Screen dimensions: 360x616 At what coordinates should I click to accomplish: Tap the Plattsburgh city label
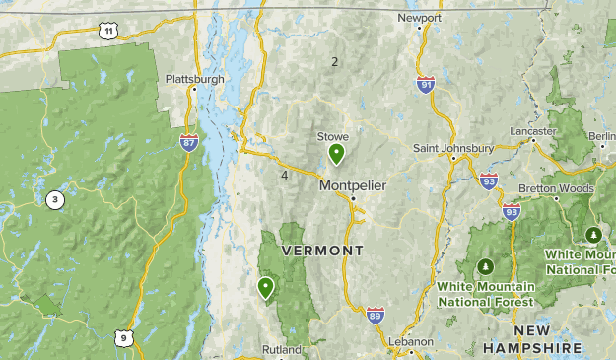(194, 79)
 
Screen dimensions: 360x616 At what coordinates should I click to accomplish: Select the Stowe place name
(332, 137)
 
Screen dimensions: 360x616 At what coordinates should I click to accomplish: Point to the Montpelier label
(352, 185)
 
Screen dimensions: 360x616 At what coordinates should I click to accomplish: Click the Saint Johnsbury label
(452, 148)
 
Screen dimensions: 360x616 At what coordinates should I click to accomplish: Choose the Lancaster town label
(533, 131)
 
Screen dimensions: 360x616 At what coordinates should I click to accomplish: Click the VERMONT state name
(322, 252)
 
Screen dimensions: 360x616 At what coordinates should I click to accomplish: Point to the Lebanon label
(411, 341)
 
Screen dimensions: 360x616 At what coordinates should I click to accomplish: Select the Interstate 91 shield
(425, 87)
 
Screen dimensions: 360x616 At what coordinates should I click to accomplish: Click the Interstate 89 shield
(375, 315)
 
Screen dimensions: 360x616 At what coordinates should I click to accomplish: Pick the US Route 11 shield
(108, 33)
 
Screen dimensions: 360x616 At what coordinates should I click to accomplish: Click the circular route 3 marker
(54, 200)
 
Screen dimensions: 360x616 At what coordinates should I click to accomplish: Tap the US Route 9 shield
(122, 338)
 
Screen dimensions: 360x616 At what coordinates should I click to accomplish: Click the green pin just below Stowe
(337, 154)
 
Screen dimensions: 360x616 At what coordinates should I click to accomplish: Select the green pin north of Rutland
(266, 288)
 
